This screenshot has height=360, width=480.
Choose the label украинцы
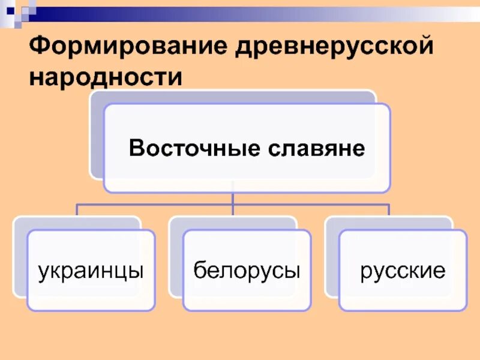pyautogui.click(x=91, y=271)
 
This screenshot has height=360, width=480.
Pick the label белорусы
pyautogui.click(x=247, y=271)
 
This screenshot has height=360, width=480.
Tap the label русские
pyautogui.click(x=403, y=271)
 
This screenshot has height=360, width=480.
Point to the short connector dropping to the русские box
pyautogui.click(x=389, y=211)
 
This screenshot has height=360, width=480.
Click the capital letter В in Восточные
pyautogui.click(x=136, y=148)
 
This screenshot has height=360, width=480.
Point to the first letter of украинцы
pyautogui.click(x=43, y=272)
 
